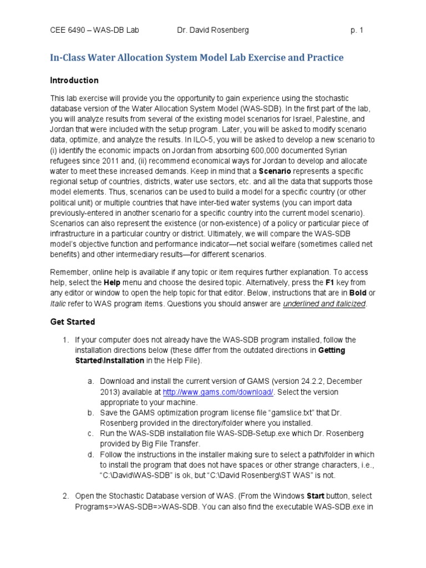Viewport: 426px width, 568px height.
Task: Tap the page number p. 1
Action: click(x=357, y=31)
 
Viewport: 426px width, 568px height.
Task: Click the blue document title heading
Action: click(x=197, y=58)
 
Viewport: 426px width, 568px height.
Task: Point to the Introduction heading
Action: click(x=74, y=80)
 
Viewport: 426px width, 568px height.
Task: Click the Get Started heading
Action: click(x=73, y=322)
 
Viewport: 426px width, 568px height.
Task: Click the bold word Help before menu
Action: click(x=113, y=282)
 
